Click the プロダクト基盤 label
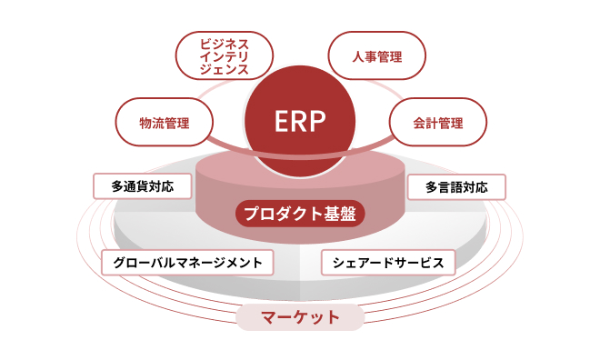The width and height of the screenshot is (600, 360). [300, 215]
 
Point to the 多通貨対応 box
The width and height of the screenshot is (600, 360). [144, 186]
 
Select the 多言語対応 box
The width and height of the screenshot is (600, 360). [455, 187]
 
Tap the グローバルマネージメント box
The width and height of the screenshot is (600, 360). [187, 262]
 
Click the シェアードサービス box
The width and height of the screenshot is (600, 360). [387, 262]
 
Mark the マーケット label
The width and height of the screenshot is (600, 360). [300, 317]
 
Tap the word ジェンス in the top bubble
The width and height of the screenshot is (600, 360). [223, 70]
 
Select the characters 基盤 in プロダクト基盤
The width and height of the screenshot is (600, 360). [344, 215]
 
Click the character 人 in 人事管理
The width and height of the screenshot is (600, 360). [357, 57]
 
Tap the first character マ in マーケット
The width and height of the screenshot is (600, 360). [269, 317]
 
